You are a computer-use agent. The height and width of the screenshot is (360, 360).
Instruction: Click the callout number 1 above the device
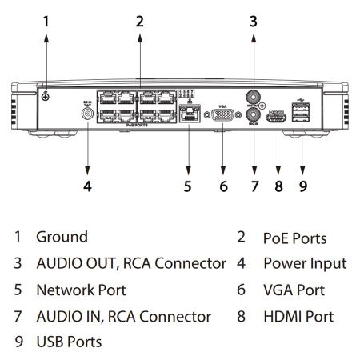[x=46, y=22]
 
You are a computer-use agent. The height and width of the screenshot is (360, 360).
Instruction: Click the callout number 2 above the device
[x=139, y=22]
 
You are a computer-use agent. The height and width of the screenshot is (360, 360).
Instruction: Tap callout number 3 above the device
[x=254, y=22]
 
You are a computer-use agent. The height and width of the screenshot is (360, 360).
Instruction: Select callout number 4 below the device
[x=87, y=186]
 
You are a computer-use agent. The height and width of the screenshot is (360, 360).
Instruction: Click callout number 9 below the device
[x=302, y=186]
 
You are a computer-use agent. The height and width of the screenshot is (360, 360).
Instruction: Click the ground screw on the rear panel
[x=46, y=97]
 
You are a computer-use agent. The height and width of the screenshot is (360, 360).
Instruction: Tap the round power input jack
[x=87, y=114]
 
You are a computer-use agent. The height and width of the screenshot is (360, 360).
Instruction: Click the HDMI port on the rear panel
[x=278, y=119]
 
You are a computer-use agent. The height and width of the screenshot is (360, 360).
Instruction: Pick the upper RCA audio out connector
[x=254, y=100]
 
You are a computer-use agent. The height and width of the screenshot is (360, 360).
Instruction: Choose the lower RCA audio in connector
[x=254, y=125]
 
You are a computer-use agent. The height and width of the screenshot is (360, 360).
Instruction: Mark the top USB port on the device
[x=301, y=105]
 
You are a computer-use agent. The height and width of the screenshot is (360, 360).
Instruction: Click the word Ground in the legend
[x=62, y=237]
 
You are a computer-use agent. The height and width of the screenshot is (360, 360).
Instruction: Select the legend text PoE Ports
[x=294, y=238]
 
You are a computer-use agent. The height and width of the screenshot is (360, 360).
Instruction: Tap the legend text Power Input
[x=305, y=263]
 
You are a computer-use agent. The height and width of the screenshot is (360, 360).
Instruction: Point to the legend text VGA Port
[x=294, y=290]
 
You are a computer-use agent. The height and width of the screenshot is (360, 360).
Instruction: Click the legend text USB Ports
[x=69, y=342]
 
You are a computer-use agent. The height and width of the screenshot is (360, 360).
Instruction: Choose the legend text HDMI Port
[x=298, y=316]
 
